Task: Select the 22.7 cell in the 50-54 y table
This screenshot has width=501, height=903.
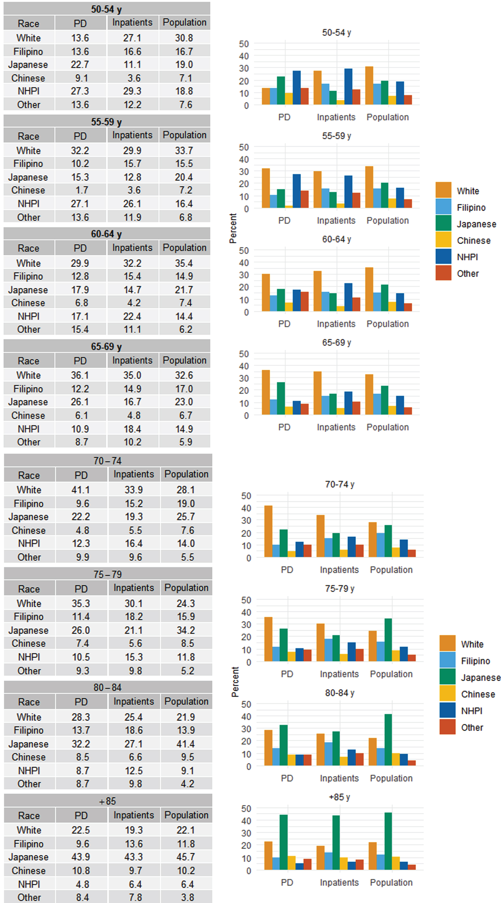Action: click(80, 65)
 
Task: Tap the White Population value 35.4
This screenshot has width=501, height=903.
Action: click(184, 263)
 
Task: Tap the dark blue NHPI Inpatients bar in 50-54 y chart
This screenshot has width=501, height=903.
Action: click(348, 87)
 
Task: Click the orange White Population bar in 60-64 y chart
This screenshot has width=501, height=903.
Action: click(369, 289)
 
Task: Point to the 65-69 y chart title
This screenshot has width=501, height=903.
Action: click(337, 343)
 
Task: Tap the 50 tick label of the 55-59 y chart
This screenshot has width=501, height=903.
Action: click(244, 147)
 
